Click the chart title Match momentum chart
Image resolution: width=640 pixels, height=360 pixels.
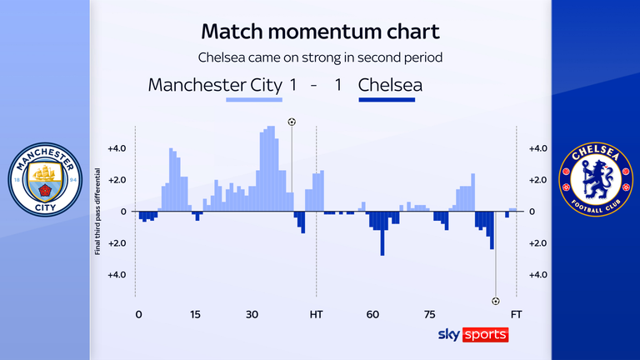click(x=320, y=32)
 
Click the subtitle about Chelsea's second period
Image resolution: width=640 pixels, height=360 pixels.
click(x=320, y=58)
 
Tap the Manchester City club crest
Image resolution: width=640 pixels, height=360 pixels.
click(x=45, y=180)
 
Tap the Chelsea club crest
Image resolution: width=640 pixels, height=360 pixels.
click(x=594, y=180)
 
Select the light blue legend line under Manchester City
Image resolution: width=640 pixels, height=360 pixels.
click(x=254, y=100)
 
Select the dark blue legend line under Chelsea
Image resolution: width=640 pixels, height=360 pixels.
click(x=386, y=100)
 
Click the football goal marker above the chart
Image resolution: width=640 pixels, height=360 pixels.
click(x=292, y=122)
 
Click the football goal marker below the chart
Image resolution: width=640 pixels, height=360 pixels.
click(x=496, y=301)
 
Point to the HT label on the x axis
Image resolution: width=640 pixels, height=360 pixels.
click(x=317, y=315)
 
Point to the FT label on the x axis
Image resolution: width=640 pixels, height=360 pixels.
click(x=517, y=315)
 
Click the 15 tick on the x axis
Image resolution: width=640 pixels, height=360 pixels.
click(x=195, y=315)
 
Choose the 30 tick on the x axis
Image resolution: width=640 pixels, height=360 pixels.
click(x=252, y=315)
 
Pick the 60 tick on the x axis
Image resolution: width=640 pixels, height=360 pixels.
click(x=372, y=315)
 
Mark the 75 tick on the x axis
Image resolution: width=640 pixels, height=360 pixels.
click(x=430, y=315)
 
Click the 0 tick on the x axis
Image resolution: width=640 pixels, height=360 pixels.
click(x=138, y=315)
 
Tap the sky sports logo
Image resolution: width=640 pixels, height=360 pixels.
click(x=472, y=334)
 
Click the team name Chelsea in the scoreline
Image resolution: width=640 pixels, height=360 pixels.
click(x=390, y=85)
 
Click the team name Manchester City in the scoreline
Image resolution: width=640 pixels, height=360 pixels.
click(x=214, y=85)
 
